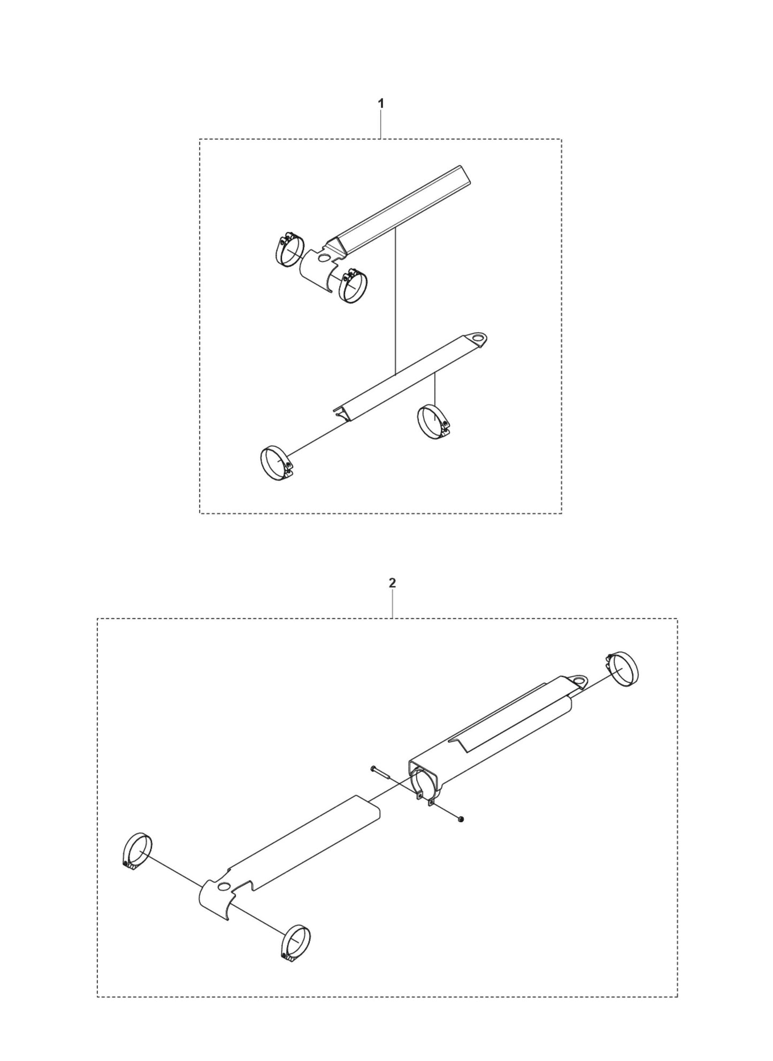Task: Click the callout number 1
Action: [x=381, y=104]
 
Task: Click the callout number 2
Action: [x=392, y=583]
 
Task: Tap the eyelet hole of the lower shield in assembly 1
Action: [x=482, y=338]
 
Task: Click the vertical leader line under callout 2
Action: [x=393, y=605]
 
